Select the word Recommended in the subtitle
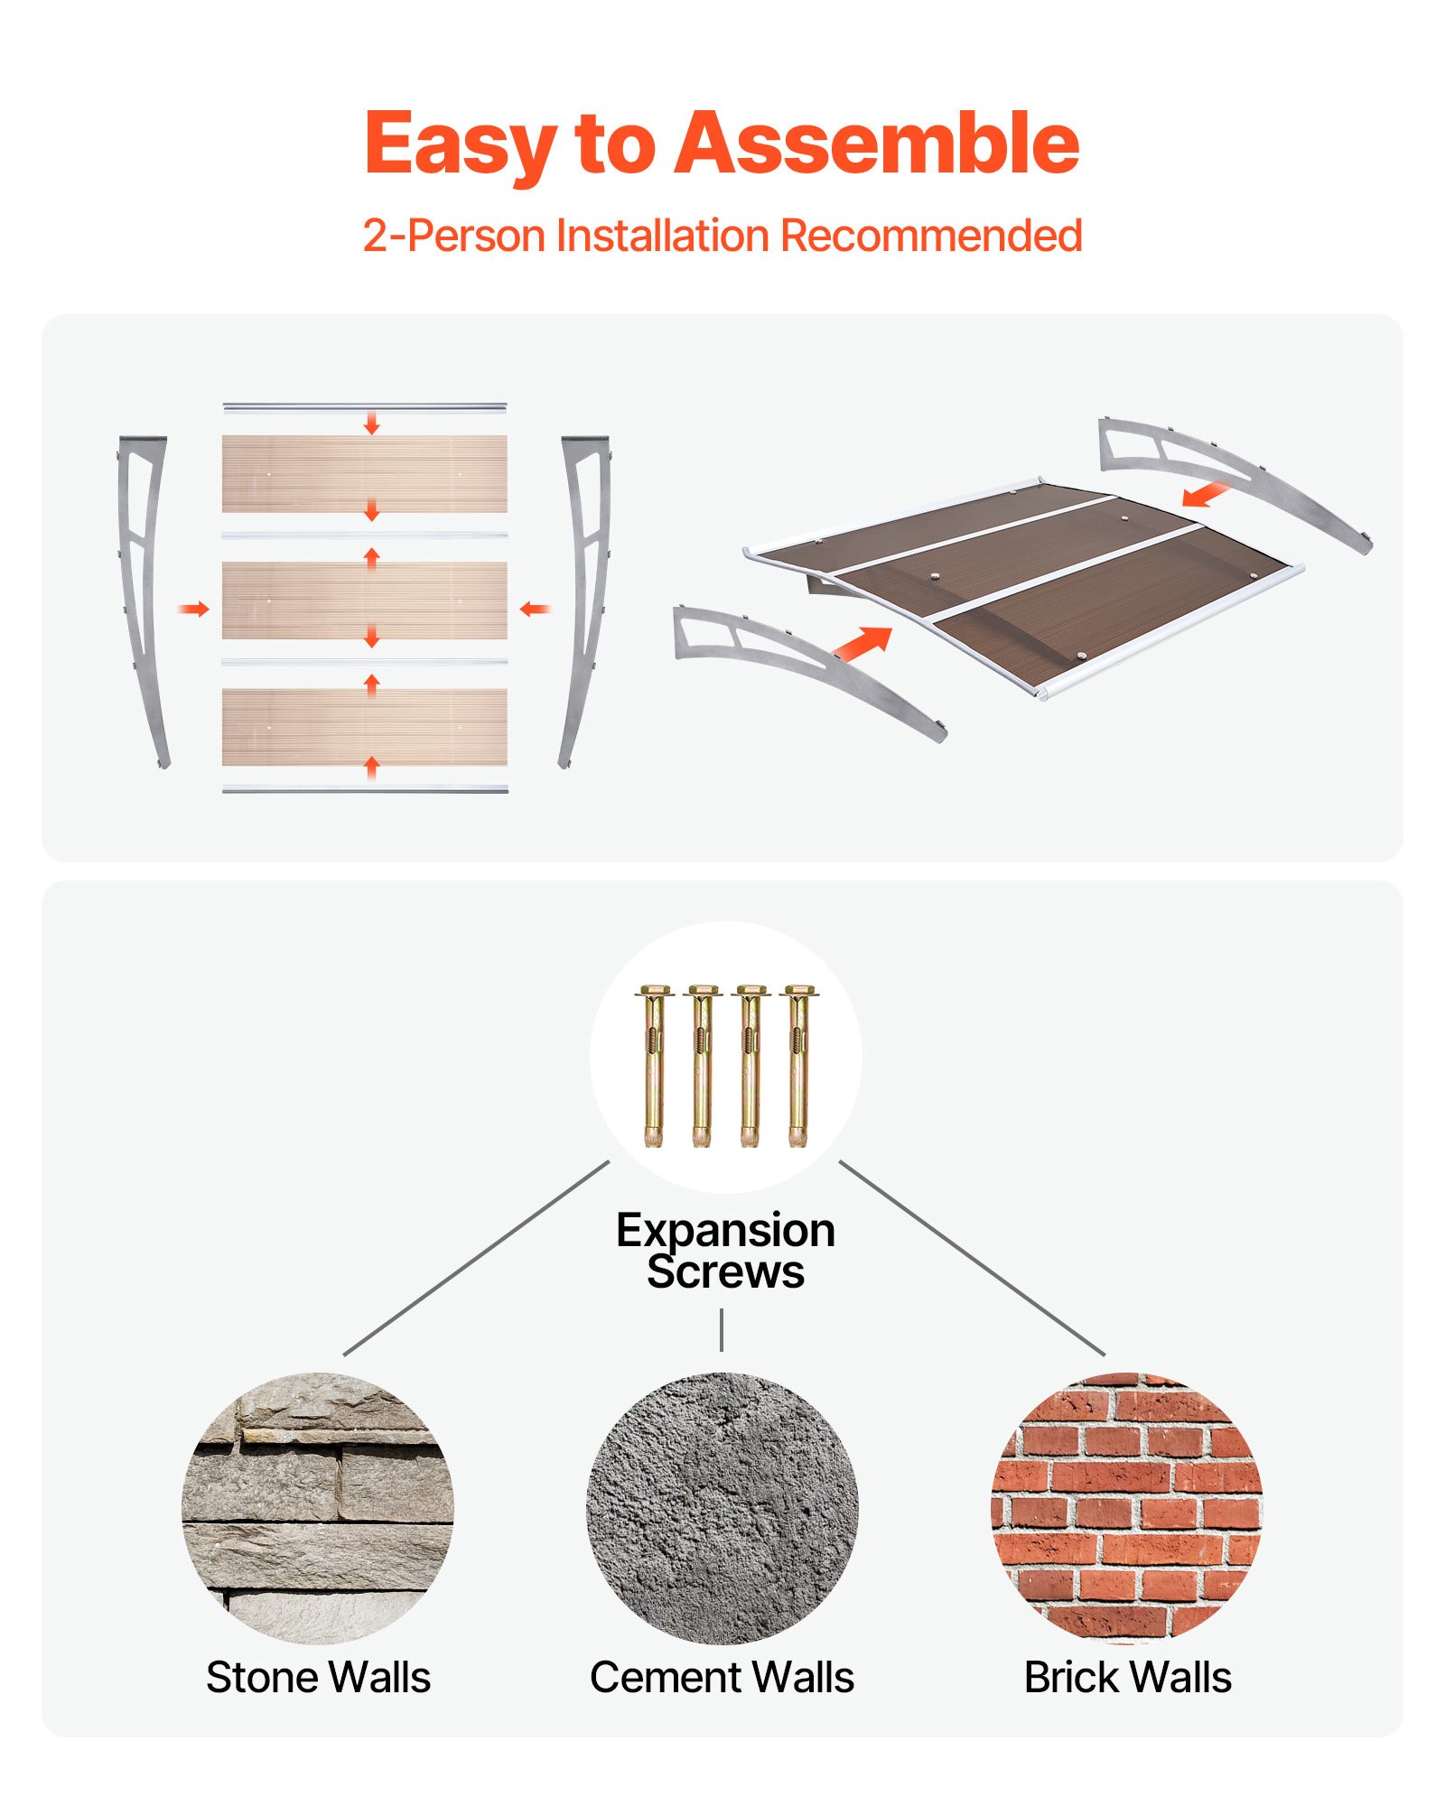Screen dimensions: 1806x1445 click(931, 236)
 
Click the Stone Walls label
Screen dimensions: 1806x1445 click(318, 1677)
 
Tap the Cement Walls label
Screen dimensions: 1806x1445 click(722, 1677)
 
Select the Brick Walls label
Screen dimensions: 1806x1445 click(1127, 1677)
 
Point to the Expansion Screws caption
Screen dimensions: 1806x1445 click(725, 1251)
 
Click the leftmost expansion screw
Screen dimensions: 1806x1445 click(654, 1066)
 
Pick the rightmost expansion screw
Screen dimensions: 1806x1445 click(797, 1066)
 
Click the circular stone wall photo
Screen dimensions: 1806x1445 click(318, 1508)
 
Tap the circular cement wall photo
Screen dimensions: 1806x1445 click(722, 1508)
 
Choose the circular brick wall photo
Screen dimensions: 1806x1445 click(1127, 1508)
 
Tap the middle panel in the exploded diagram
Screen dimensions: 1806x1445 click(365, 600)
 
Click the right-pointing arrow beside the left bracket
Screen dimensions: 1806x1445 click(193, 610)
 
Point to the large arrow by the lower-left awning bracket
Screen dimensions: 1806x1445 click(862, 643)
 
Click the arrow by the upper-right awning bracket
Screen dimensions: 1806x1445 click(1206, 494)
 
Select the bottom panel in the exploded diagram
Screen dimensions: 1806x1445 click(365, 726)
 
